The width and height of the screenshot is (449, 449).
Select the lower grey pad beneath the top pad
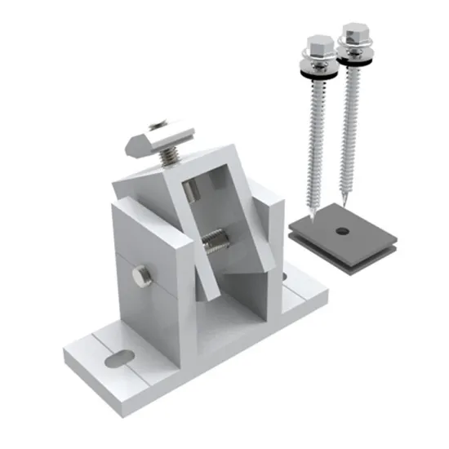point(343,261)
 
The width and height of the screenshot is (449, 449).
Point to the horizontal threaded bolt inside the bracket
point(215,241)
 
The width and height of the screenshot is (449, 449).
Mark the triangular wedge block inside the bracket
point(245,286)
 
